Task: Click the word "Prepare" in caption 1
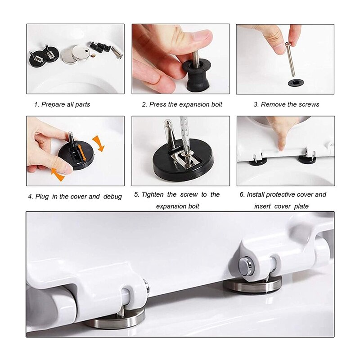(x=54, y=104)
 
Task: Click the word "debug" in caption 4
(x=112, y=197)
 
